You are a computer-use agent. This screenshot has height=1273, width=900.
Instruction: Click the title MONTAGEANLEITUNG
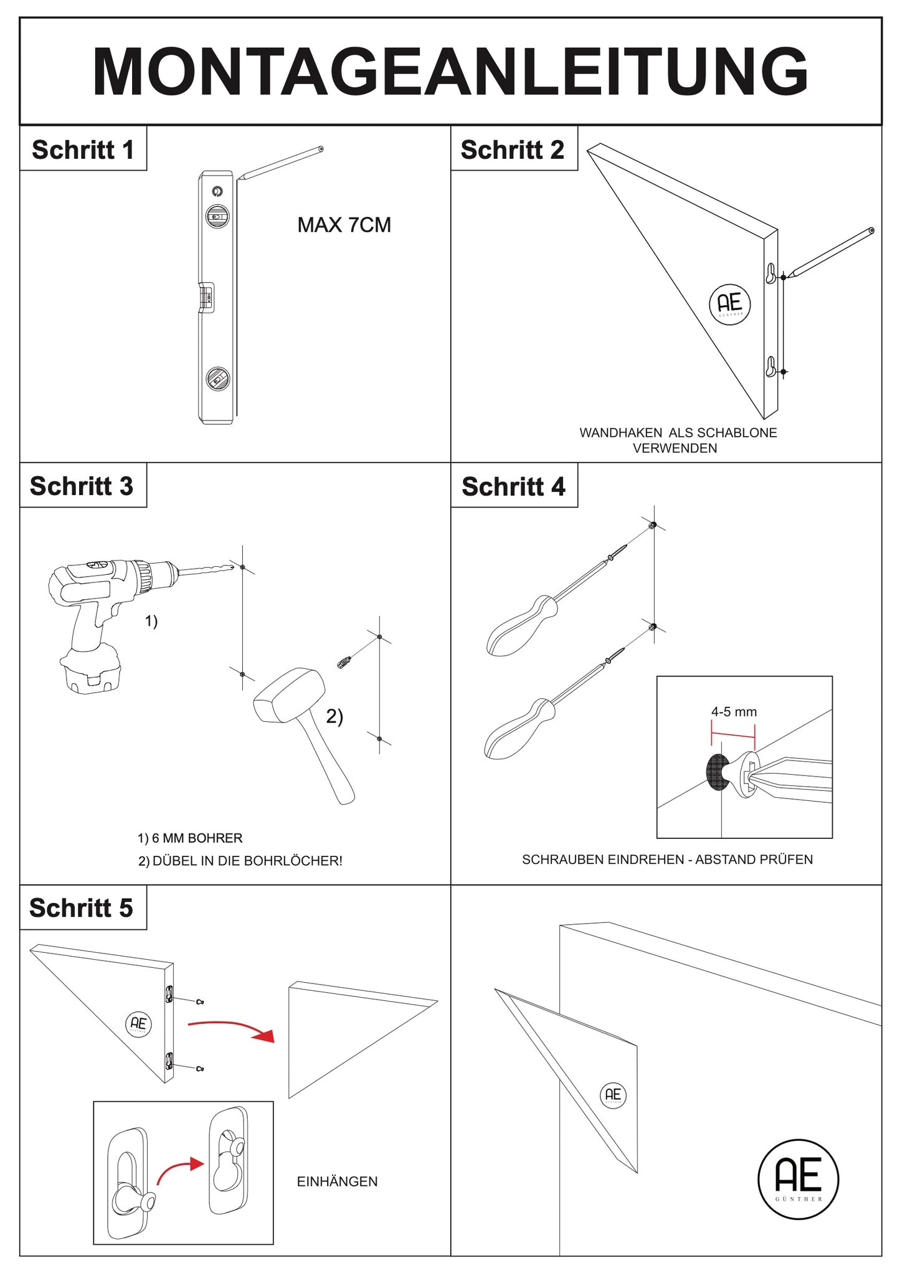point(450,71)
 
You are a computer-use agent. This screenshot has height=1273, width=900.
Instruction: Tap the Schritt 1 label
point(83,149)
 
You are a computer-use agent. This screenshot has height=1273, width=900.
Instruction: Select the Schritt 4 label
point(513,486)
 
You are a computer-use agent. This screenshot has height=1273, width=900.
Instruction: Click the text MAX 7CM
point(344,225)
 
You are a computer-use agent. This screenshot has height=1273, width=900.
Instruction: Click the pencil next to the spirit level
point(280,163)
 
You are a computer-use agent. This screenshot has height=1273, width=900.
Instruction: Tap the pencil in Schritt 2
point(830,253)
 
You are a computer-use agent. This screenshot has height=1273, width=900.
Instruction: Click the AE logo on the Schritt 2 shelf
point(729,304)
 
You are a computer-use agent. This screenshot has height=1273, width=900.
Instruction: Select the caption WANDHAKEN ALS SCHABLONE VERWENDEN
point(678,440)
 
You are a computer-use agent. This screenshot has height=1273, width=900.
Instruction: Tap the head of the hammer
point(288,694)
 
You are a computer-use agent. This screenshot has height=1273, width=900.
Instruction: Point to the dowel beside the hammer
point(344,661)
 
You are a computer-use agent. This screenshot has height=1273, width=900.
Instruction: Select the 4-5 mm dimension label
point(734,712)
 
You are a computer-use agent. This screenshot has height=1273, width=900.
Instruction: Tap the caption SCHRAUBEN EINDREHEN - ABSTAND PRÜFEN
point(667,859)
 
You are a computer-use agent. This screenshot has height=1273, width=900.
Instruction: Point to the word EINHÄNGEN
point(337,1181)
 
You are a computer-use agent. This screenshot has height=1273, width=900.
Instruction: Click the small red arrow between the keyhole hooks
point(179,1170)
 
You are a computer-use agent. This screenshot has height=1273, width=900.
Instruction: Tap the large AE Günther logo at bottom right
point(798,1179)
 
